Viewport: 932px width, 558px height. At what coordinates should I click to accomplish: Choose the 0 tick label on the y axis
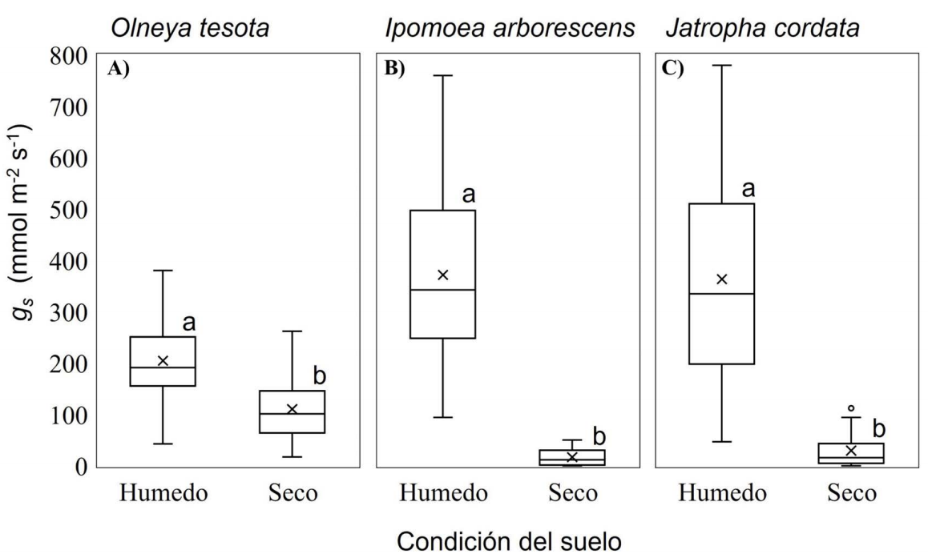tap(81, 467)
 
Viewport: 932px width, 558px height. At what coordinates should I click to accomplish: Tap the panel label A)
tap(118, 68)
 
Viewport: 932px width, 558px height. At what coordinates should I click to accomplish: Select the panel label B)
tap(395, 68)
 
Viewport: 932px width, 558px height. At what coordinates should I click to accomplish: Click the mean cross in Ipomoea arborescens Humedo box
tap(442, 275)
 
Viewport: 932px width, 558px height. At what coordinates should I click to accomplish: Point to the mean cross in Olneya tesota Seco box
tap(292, 409)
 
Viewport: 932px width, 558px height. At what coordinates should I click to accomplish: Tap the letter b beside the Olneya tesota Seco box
tap(319, 377)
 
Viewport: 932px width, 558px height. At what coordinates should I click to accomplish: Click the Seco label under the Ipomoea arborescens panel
tap(572, 493)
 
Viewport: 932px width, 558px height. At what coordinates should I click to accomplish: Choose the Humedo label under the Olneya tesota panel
tap(164, 493)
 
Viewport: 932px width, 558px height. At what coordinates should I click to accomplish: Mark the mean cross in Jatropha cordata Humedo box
tap(722, 279)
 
